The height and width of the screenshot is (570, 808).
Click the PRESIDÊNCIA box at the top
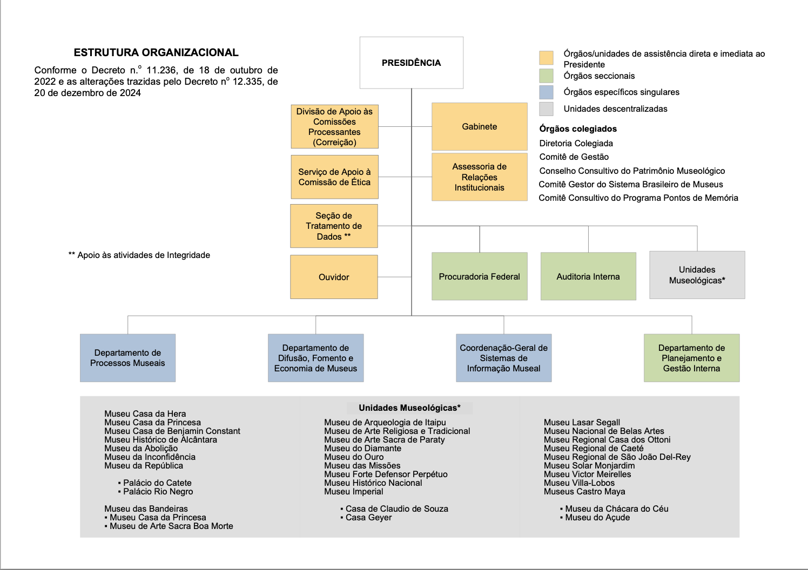coord(412,63)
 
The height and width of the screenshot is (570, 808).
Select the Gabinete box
coord(479,126)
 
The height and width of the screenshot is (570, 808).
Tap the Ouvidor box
coord(334,277)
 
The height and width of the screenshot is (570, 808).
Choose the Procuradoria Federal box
coord(479,276)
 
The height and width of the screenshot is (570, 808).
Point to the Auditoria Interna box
coord(588,276)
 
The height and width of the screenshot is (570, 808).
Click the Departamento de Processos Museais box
coord(127,358)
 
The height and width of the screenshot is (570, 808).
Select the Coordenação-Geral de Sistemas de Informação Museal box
coord(503,358)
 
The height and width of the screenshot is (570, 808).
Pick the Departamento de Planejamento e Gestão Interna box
coord(691,358)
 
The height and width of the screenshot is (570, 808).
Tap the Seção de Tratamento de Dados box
coord(334,226)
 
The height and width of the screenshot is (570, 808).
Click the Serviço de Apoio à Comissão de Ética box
coord(334,177)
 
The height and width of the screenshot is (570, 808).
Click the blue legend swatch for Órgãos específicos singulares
coord(546,92)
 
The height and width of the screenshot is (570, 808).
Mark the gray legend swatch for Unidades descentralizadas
coord(546,108)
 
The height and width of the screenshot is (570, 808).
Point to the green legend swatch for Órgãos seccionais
coord(546,76)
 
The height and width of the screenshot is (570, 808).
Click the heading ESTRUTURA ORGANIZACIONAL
coord(156,52)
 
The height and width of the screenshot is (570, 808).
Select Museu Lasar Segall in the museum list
coord(582,422)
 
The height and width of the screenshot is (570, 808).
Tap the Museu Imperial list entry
coord(354,491)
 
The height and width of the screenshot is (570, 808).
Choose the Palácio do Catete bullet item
coord(157,483)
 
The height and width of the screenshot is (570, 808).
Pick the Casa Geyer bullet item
coord(368,517)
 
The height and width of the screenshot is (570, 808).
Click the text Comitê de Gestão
coord(574,157)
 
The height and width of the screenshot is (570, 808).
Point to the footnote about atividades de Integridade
coord(139,255)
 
